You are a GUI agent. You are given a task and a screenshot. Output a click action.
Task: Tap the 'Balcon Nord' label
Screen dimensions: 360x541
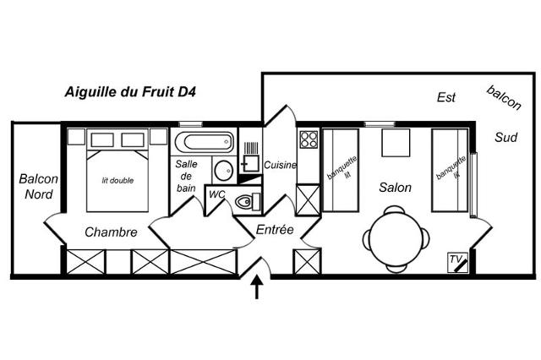(38, 187)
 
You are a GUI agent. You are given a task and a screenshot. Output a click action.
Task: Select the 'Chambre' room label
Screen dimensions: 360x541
(111, 232)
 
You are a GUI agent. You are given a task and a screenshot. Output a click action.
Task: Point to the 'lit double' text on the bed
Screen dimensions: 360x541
(117, 180)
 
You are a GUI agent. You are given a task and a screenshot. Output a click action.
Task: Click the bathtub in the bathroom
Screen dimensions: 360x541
(203, 141)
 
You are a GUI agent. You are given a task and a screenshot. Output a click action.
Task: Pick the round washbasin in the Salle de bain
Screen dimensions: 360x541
(224, 169)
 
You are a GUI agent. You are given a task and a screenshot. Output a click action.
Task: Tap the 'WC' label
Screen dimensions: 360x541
(217, 194)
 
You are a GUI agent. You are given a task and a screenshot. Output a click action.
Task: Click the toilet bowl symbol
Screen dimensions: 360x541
(245, 201)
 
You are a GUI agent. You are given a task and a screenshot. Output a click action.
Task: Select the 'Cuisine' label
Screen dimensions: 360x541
(280, 165)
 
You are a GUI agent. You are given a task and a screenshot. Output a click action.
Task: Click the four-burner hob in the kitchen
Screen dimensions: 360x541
(308, 139)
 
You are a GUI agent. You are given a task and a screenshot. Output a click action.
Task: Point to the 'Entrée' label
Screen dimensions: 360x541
(275, 229)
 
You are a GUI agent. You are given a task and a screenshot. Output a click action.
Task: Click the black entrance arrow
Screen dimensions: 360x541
(257, 287)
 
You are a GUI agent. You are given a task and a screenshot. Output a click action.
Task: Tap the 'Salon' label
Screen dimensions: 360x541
(395, 188)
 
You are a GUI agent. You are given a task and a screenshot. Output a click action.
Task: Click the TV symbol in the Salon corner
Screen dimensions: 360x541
(457, 263)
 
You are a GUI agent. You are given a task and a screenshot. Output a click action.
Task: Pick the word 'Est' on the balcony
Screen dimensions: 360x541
(446, 97)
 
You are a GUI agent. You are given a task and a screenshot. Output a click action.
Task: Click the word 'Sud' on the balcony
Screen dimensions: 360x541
(506, 138)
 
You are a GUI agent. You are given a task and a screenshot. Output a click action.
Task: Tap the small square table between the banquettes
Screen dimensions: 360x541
(395, 144)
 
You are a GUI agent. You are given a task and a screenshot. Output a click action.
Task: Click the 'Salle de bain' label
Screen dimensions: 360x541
(187, 176)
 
